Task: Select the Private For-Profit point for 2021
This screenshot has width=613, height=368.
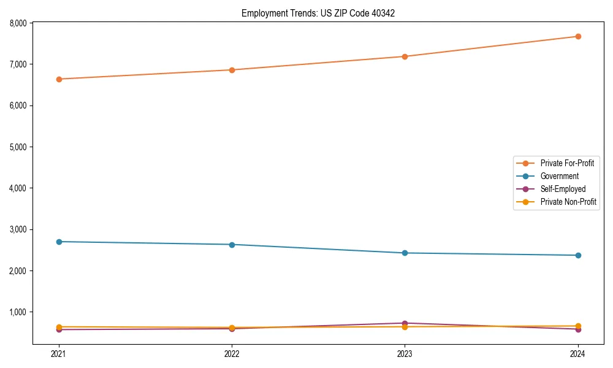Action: pyautogui.click(x=59, y=79)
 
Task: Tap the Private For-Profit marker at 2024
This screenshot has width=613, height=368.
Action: pyautogui.click(x=577, y=36)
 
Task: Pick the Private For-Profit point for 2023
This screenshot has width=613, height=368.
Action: pyautogui.click(x=405, y=56)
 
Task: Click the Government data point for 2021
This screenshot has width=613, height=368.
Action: pyautogui.click(x=59, y=242)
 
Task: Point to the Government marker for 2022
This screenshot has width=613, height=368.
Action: pyautogui.click(x=232, y=245)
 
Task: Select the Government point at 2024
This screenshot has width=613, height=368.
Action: pyautogui.click(x=577, y=255)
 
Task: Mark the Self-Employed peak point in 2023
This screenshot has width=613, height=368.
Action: pyautogui.click(x=405, y=323)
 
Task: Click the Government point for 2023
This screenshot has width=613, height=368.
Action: pyautogui.click(x=405, y=253)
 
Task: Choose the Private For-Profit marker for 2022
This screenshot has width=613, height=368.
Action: pyautogui.click(x=232, y=70)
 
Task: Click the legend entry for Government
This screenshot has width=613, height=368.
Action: pyautogui.click(x=559, y=176)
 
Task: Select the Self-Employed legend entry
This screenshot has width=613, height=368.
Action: pyautogui.click(x=563, y=189)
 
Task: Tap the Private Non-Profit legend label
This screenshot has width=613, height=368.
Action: pyautogui.click(x=568, y=202)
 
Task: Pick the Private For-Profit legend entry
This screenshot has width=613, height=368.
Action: pyautogui.click(x=567, y=163)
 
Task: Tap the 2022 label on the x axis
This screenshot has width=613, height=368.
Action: pyautogui.click(x=232, y=353)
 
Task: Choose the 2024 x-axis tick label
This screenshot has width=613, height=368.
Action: pyautogui.click(x=577, y=353)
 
